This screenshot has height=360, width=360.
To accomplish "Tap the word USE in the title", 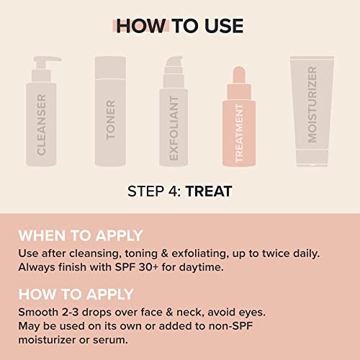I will (x=221, y=26).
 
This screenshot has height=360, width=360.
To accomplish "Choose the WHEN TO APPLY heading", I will (x=80, y=235).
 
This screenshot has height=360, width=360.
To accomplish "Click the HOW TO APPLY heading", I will (x=76, y=294).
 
